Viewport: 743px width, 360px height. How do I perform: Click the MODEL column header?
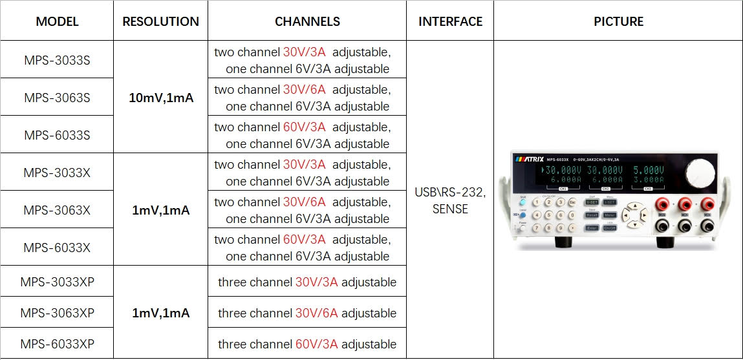click(57, 21)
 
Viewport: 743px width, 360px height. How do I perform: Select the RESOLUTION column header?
click(160, 21)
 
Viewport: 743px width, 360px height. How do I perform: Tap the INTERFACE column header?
click(450, 21)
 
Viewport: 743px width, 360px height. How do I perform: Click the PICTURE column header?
click(618, 21)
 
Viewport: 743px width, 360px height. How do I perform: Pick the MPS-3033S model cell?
click(57, 61)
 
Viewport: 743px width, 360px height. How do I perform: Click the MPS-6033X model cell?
click(57, 248)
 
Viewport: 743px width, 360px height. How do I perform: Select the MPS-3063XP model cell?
click(57, 313)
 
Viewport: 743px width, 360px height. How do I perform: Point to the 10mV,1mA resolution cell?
click(160, 98)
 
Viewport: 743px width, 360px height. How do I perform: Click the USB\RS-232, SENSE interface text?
click(450, 200)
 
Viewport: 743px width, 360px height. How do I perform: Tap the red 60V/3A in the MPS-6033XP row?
click(317, 344)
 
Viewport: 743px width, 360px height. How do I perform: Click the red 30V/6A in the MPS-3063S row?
click(304, 89)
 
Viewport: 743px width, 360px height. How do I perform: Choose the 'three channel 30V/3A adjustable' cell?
click(307, 282)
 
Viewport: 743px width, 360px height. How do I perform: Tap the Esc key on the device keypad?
click(572, 202)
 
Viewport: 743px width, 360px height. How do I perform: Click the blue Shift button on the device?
click(522, 202)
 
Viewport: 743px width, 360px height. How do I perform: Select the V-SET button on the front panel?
click(592, 202)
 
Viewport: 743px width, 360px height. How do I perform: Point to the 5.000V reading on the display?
click(648, 171)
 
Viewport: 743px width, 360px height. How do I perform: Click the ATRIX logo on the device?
click(528, 158)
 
